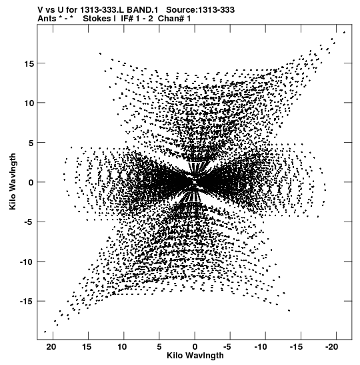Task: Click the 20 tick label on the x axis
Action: click(51, 347)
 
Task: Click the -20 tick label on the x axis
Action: click(331, 347)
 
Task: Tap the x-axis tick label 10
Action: click(122, 347)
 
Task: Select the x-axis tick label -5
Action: click(227, 347)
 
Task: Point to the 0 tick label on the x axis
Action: click(195, 347)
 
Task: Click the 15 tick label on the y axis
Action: click(29, 63)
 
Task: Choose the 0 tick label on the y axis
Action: click(31, 183)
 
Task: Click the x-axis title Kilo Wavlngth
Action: click(195, 356)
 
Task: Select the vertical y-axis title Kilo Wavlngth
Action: click(13, 181)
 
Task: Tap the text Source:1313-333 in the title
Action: click(201, 10)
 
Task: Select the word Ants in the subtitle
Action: click(47, 19)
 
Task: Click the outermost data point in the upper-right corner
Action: click(345, 32)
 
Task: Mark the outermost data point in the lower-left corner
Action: click(45, 332)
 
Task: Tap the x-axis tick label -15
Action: click(296, 347)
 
